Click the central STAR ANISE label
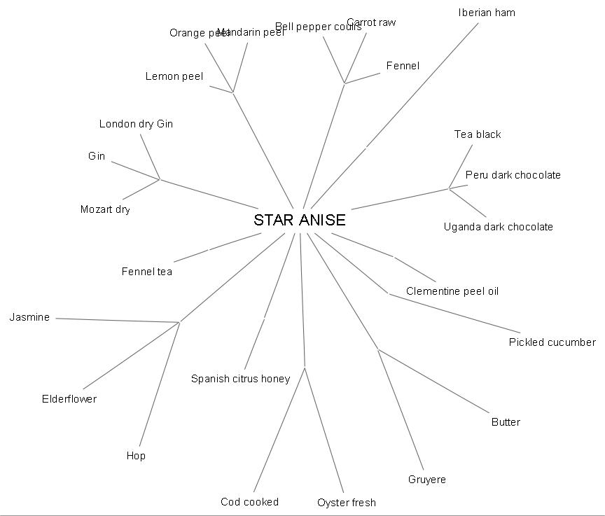coord(300,220)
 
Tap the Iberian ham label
coord(487,13)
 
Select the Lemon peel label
coord(174,76)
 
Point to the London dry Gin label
coord(136,124)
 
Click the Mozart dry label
coord(105,209)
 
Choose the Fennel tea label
coord(146,272)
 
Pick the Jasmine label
coord(29,317)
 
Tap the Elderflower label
coord(69,399)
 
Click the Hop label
coord(136,456)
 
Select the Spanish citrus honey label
coord(240,379)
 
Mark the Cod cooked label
coord(249,501)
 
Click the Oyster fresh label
coord(346,502)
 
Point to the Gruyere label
coord(426,480)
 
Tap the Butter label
coord(506,422)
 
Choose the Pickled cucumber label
coord(552,342)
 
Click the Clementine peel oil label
coord(452,291)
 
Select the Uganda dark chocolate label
coord(498,227)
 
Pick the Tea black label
coord(478,134)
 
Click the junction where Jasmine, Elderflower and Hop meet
coord(179,322)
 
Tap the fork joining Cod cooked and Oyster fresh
coord(305,367)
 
